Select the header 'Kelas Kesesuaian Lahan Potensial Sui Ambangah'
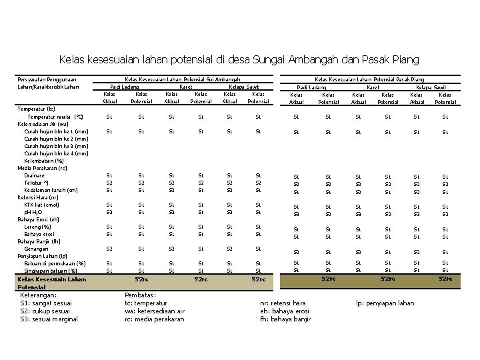coord(183,79)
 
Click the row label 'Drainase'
coord(35,175)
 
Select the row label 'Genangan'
coord(36,249)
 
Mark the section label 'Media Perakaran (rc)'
coord(42,168)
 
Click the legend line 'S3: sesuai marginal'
coord(49,319)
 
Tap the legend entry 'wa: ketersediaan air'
coord(155,311)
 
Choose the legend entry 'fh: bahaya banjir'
coord(285,319)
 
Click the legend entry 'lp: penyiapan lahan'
coord(385,303)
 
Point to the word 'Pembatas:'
coord(141,295)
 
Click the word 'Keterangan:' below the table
coord(39,295)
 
